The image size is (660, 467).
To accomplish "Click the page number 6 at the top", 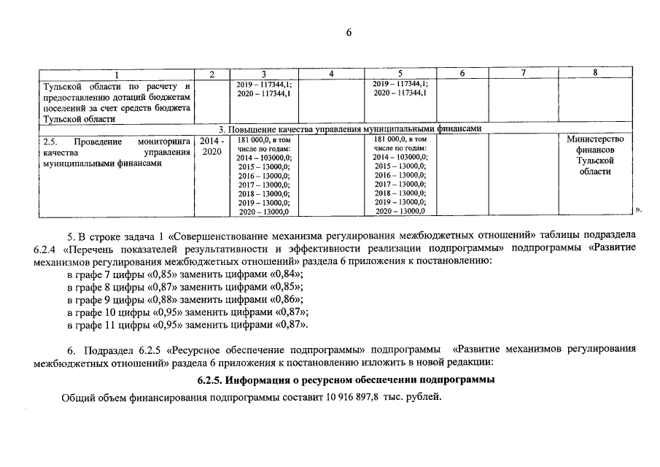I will (349, 32).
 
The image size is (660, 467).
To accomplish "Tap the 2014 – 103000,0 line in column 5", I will (400, 157).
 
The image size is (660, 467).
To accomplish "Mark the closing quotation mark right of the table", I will (638, 210).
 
